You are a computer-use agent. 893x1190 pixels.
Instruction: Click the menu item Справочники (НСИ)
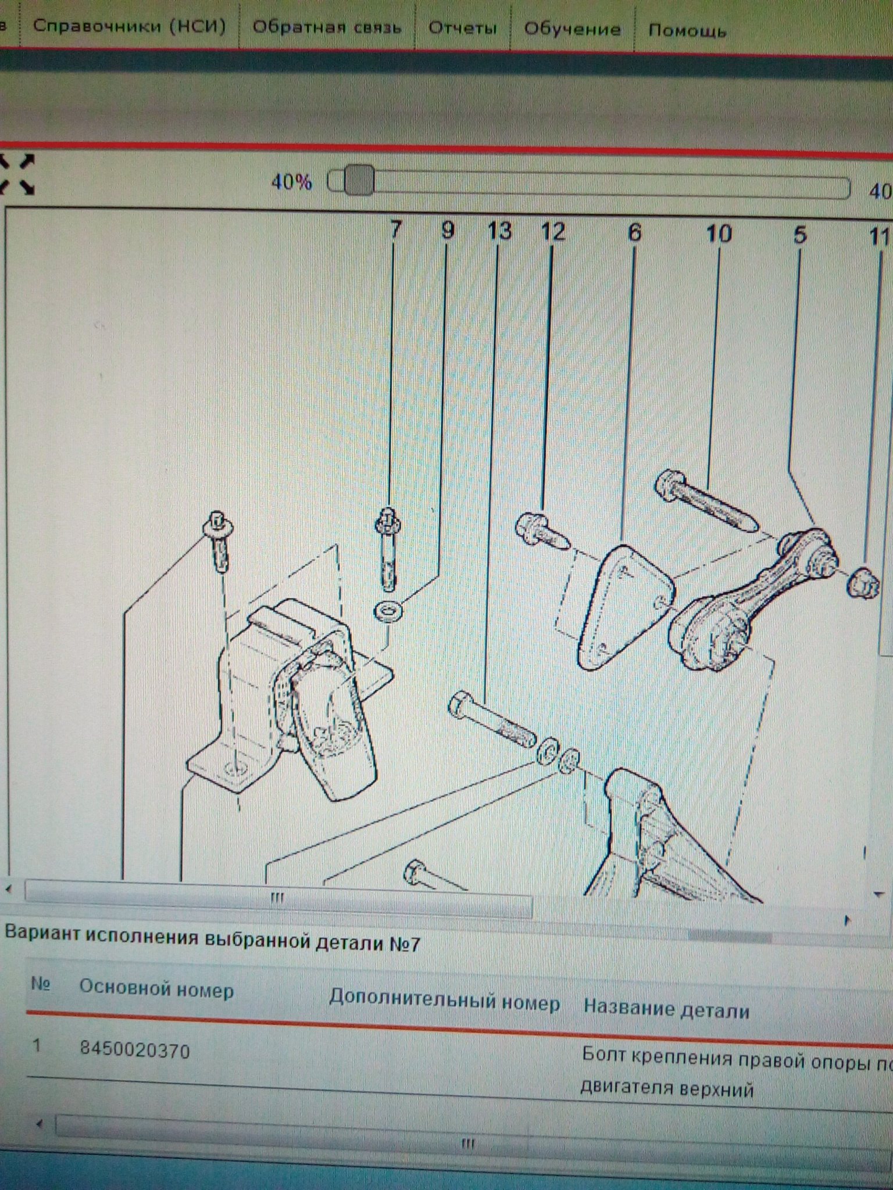(129, 26)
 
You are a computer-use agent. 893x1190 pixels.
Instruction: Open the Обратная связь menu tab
(327, 27)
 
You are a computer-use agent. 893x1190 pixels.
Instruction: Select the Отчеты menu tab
(463, 28)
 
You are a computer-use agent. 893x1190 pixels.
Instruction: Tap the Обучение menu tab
(572, 29)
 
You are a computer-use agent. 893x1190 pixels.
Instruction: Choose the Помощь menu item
(687, 30)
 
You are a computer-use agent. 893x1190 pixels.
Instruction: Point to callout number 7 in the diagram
(395, 230)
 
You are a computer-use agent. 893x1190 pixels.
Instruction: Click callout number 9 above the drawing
(447, 231)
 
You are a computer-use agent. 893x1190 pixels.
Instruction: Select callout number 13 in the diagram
(499, 231)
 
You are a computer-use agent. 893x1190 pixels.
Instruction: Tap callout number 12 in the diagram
(552, 232)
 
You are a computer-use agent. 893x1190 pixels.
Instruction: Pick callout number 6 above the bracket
(635, 233)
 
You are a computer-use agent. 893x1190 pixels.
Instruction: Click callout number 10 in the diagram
(719, 234)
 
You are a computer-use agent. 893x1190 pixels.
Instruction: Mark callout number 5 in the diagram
(800, 235)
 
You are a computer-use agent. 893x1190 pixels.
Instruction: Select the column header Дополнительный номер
(445, 1001)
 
